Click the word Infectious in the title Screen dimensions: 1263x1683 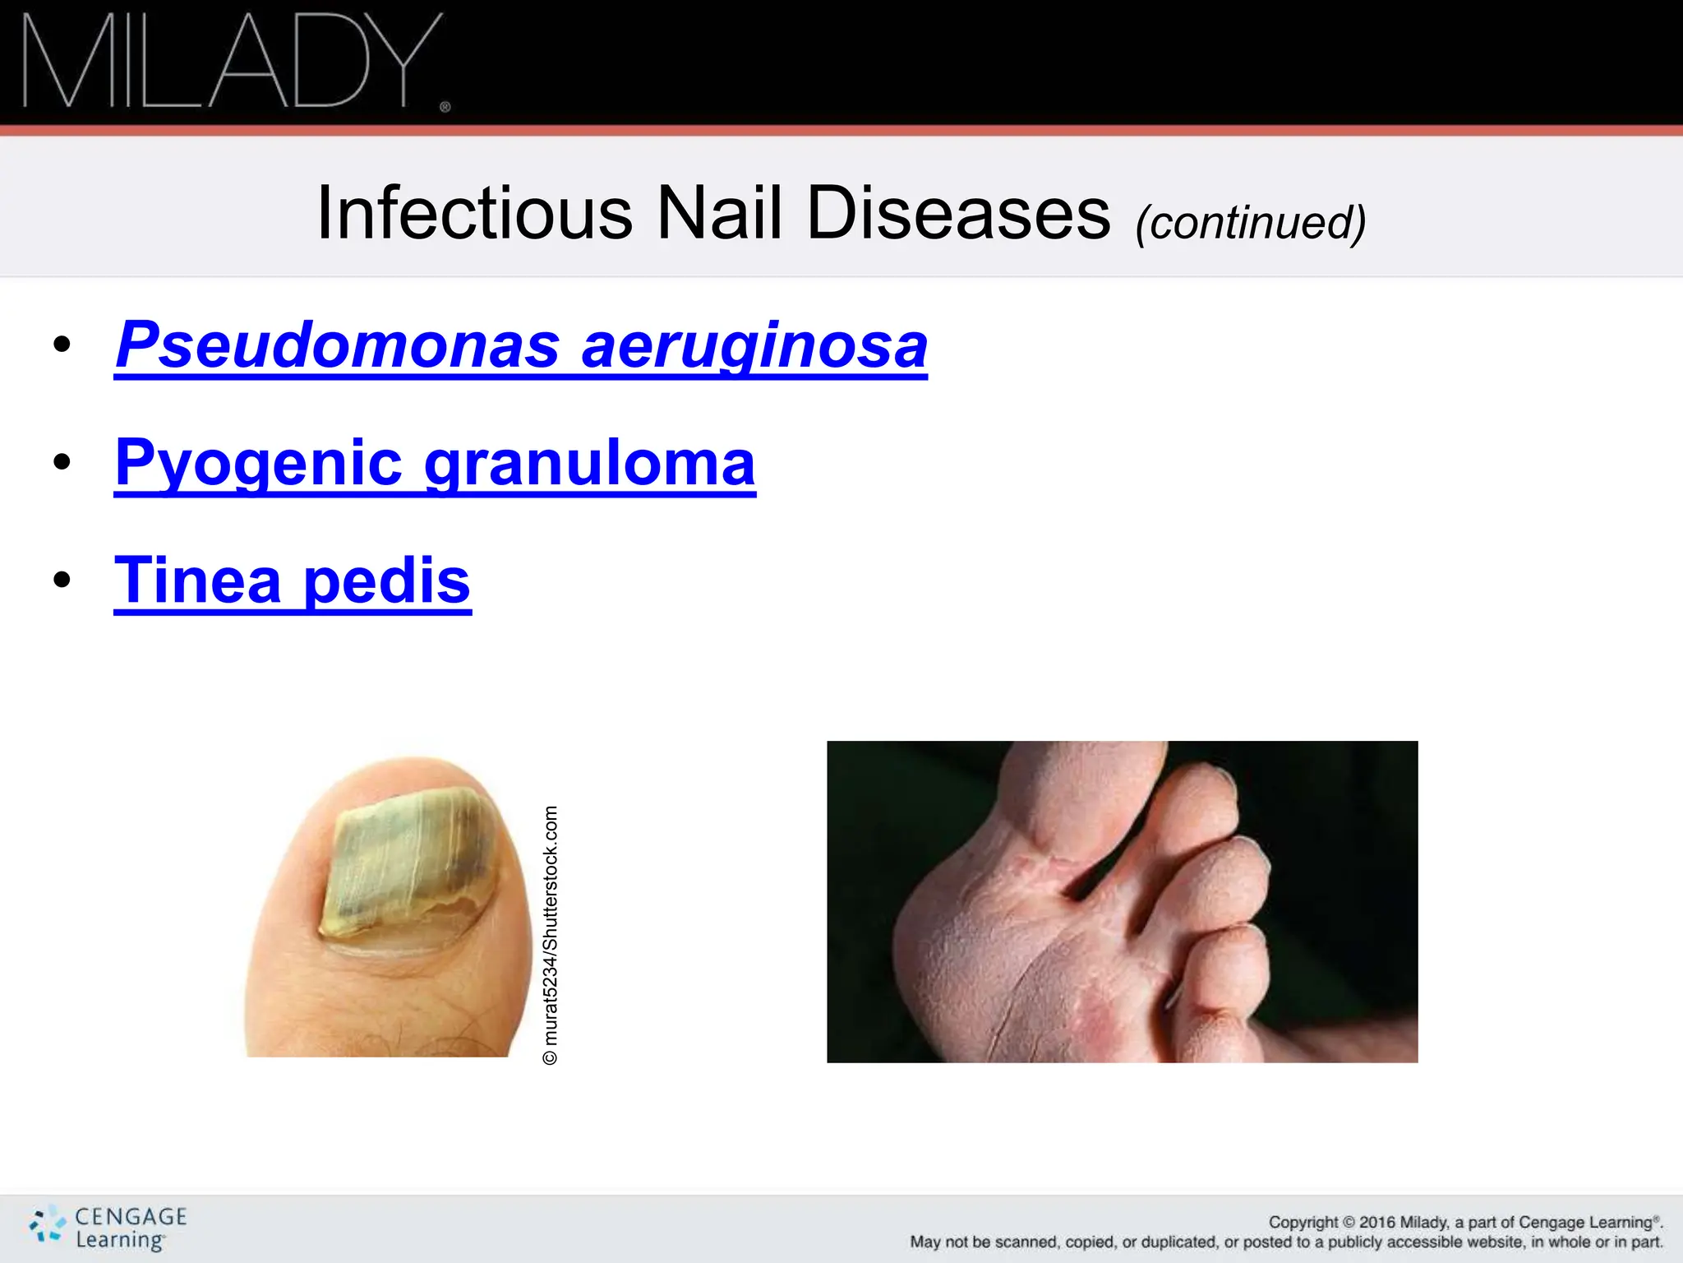coord(474,213)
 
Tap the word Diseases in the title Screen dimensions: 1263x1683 coord(958,213)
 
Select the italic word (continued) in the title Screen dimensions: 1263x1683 coord(1251,223)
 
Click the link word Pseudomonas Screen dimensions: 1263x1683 coord(338,345)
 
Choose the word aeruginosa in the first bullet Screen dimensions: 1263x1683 coord(754,346)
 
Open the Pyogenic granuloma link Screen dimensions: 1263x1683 coord(435,463)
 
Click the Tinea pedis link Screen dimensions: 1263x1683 coord(293,581)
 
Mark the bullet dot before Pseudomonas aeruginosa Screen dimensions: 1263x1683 coord(62,345)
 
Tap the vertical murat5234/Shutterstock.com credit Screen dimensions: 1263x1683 coord(551,935)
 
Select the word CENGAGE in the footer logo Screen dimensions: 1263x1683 coord(131,1216)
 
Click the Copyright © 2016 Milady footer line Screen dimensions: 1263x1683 coord(1464,1222)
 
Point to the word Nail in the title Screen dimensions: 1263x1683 coord(720,213)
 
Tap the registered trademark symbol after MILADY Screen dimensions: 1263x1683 coord(445,107)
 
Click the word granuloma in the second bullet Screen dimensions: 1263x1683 coord(589,463)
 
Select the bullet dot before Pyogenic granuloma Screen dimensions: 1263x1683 coord(62,462)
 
